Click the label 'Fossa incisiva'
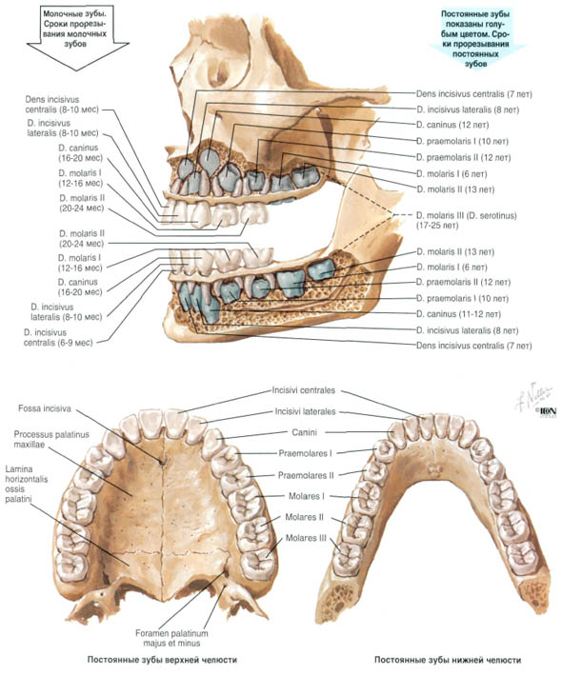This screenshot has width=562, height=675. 45,408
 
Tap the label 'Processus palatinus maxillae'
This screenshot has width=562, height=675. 51,439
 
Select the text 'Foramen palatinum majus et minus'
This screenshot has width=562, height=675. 171,639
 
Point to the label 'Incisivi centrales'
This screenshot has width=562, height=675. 303,390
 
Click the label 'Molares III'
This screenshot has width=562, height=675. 306,538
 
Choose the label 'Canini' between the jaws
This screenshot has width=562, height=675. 304,432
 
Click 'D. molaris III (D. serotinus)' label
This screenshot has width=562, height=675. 466,220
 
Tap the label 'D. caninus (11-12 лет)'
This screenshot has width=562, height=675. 458,314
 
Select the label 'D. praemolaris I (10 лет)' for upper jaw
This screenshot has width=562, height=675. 462,141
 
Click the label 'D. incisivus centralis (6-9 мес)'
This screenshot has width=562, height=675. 58,337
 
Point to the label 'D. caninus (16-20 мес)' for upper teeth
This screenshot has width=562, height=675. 81,153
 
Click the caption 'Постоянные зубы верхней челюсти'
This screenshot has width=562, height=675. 162,660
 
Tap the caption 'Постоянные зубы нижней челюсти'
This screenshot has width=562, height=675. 448,660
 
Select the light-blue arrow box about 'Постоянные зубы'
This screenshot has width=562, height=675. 475,38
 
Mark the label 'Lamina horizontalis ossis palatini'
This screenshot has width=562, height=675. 27,485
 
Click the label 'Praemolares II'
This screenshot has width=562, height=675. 306,475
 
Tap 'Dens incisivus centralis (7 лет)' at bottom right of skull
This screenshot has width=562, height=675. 473,346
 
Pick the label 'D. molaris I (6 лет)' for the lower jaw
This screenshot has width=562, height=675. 452,268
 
